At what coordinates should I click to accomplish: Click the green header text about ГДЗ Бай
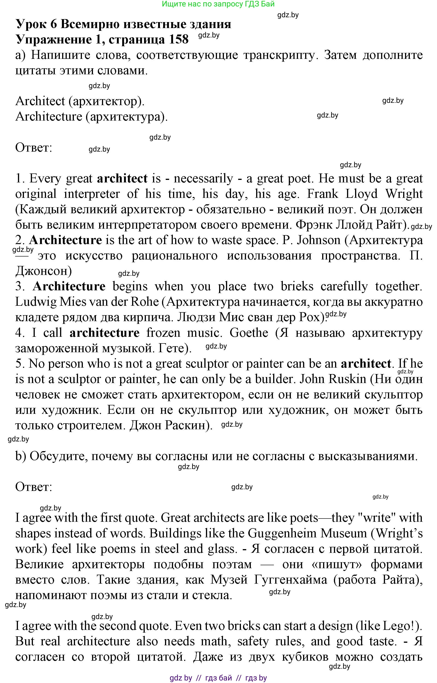click(218, 4)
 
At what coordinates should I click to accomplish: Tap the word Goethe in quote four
click(249, 333)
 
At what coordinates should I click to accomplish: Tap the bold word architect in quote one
click(122, 179)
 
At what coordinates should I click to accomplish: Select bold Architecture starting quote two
click(65, 240)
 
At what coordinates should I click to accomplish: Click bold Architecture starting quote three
click(69, 286)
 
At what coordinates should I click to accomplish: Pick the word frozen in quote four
click(163, 333)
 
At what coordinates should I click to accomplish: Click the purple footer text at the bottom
click(218, 678)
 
